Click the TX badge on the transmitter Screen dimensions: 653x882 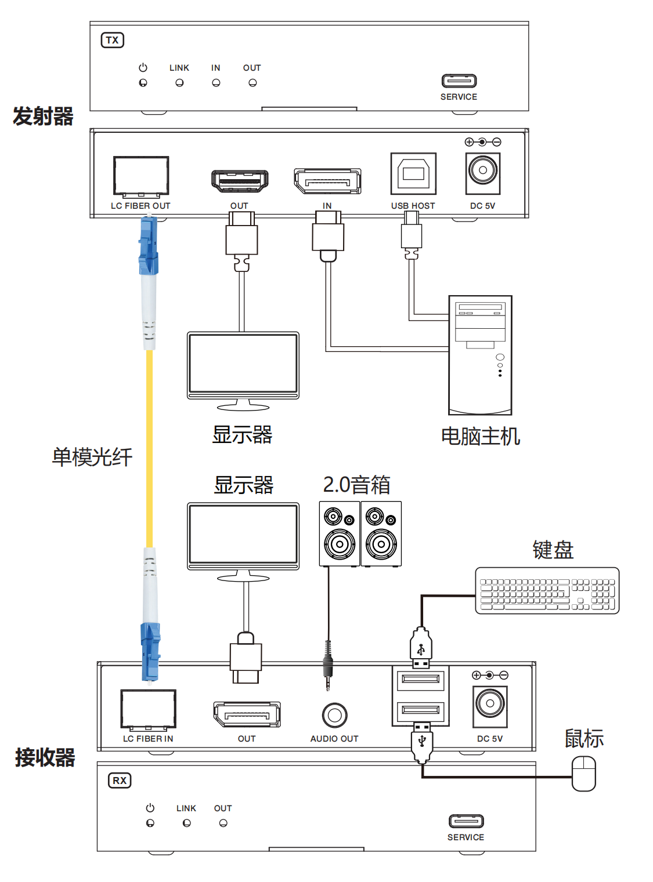pos(112,40)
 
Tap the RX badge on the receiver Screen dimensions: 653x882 pos(120,780)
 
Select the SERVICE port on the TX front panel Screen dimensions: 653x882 pos(459,81)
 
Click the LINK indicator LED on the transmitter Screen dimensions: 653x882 pos(179,83)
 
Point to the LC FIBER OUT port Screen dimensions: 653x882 pos(141,176)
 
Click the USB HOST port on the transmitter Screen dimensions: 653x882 pos(413,174)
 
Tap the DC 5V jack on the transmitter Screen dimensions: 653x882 pos(482,174)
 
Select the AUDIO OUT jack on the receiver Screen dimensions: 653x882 pos(334,715)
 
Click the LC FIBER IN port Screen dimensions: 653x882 pos(148,709)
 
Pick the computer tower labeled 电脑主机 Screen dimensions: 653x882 pos(480,355)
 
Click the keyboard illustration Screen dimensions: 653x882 pos(547,590)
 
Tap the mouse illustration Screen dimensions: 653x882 pos(583,773)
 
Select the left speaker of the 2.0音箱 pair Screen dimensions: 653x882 pos(339,533)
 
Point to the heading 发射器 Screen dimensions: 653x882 pos(43,116)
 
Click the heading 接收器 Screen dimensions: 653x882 pos(45,757)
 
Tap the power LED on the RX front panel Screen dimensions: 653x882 pos(150,823)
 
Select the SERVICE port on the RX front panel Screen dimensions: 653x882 pos(466,821)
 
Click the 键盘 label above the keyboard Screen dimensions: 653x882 pos(553,550)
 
